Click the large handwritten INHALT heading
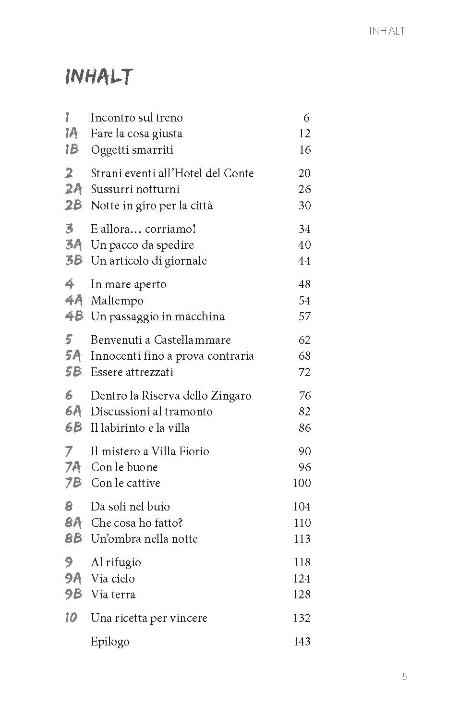point(99,77)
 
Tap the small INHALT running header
point(387,31)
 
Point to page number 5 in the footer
point(405,677)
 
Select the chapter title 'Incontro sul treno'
point(137,118)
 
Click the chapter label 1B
point(72,149)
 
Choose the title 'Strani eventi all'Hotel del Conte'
point(172,173)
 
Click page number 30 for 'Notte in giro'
point(304,206)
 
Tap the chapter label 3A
point(73,245)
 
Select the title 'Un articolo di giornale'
point(149,261)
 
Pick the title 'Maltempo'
point(117,301)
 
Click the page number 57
point(304,316)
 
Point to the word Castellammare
point(192,340)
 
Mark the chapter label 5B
point(73,372)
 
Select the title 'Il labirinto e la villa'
point(140,428)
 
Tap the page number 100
point(302,483)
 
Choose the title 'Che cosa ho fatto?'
point(137,523)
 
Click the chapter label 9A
point(73,578)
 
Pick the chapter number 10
point(71,618)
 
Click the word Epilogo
point(110,642)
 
